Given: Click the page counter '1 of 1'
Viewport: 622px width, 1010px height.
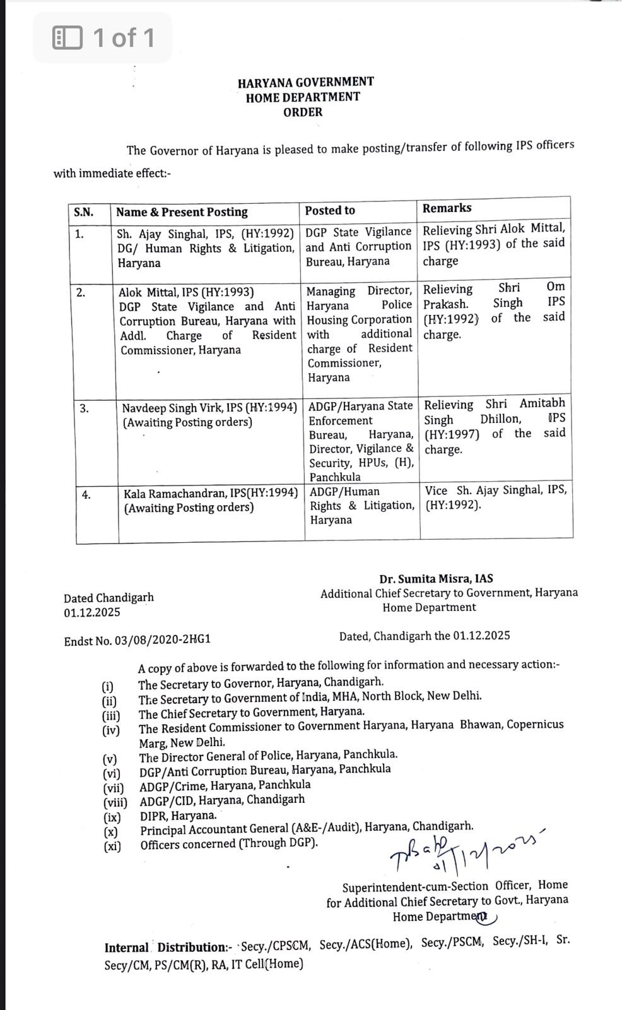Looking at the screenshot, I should [124, 38].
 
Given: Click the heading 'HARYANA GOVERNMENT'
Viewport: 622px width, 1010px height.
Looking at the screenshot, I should [305, 82].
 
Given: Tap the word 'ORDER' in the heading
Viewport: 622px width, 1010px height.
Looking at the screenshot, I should [303, 112].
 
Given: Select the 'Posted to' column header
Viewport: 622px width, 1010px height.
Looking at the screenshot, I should [330, 210].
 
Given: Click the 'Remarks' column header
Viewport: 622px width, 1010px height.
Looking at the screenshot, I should [447, 208].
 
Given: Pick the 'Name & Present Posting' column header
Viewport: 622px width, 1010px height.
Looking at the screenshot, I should [182, 212].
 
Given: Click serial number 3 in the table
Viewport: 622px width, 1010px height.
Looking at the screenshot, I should [84, 408].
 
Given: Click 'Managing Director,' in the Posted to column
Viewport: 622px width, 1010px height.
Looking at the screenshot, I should [359, 291].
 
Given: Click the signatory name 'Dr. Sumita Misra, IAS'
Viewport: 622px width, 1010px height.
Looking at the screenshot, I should [436, 578].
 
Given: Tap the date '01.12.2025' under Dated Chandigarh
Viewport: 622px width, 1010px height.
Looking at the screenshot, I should [91, 612].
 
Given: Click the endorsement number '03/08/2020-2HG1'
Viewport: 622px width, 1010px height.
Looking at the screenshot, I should [162, 640].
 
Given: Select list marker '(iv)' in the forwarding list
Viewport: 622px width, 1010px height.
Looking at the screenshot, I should [111, 730].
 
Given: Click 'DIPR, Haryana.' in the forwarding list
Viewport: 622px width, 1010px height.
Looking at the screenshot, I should [178, 815].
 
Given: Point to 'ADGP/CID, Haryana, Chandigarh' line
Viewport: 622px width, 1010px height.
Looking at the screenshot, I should [222, 800].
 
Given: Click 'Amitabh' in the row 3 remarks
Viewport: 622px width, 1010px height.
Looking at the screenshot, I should [542, 403].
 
